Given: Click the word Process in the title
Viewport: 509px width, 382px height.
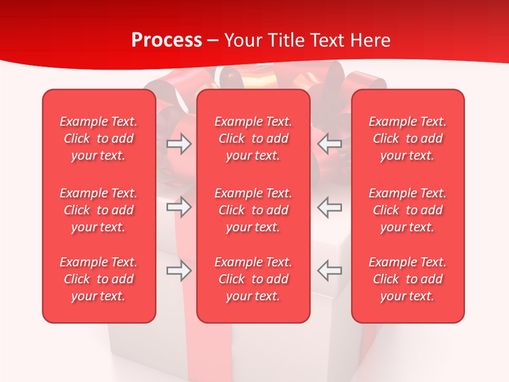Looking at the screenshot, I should click(x=166, y=40).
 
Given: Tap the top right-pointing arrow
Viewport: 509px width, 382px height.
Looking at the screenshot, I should click(x=179, y=144).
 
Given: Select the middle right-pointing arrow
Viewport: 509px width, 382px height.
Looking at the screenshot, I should click(x=179, y=207).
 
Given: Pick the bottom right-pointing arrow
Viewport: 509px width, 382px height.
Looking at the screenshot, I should click(x=179, y=271).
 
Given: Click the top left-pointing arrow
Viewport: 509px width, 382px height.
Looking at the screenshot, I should click(x=329, y=144).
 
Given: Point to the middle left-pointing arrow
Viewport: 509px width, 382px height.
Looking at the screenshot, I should click(x=329, y=207).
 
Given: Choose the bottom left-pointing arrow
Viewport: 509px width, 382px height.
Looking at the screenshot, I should click(x=329, y=271).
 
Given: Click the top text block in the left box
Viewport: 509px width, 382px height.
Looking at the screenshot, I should click(x=99, y=138).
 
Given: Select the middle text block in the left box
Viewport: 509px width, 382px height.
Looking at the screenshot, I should click(x=99, y=210).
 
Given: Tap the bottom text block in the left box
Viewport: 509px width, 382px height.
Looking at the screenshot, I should click(x=99, y=279).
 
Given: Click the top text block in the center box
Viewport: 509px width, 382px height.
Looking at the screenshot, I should click(x=253, y=138).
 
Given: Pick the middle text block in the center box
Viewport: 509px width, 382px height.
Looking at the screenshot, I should click(x=253, y=210).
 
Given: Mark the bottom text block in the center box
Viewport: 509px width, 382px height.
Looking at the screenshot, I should click(x=253, y=279).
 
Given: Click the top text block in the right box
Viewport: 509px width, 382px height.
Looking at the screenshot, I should click(x=407, y=138).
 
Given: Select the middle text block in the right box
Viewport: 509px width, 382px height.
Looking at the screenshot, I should click(x=407, y=210).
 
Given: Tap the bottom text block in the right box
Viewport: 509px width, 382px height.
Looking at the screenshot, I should click(x=407, y=279).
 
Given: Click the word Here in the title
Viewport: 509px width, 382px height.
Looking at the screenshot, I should click(x=370, y=40).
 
